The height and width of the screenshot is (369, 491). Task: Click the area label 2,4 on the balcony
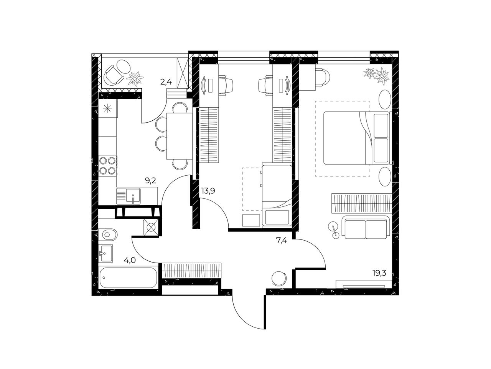click(166, 82)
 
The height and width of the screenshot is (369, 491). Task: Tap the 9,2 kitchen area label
click(150, 180)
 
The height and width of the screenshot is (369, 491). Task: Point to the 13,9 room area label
click(208, 191)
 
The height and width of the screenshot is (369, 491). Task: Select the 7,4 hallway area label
click(282, 241)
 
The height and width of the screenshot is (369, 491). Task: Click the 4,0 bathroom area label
click(130, 260)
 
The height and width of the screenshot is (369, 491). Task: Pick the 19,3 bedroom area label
click(379, 273)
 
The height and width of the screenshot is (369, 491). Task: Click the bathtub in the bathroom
click(128, 278)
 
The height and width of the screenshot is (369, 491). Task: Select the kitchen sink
click(129, 196)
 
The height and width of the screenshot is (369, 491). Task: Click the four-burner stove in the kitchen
click(108, 166)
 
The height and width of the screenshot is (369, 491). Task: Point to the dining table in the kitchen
click(180, 136)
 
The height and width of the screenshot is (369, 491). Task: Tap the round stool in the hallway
click(279, 279)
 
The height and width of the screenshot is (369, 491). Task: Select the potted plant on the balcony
click(134, 78)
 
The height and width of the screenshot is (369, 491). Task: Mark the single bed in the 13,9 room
click(277, 195)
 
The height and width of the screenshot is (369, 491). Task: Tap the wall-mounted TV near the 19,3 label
click(364, 286)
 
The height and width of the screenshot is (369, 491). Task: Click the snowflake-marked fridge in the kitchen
click(108, 109)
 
